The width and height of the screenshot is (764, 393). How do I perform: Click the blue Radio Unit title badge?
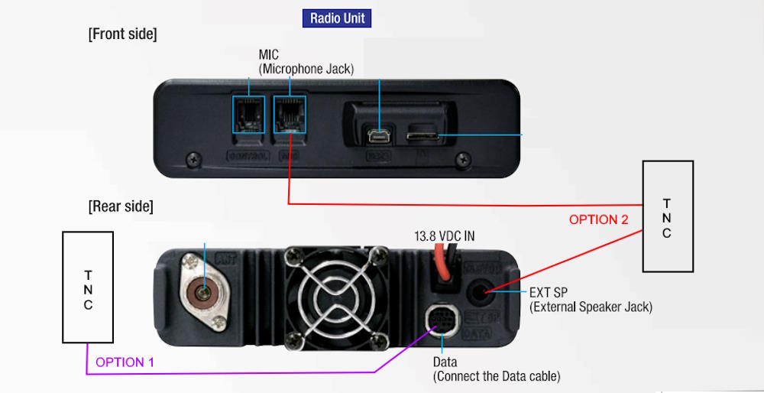337,18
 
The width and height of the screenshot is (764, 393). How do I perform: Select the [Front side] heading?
122,34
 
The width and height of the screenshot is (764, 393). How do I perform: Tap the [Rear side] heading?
121,206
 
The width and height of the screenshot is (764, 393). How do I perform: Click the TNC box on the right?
667,216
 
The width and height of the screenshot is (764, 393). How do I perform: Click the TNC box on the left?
88,287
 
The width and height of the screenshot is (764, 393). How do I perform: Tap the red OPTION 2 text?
598,219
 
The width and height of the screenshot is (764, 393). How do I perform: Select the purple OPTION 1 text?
125,362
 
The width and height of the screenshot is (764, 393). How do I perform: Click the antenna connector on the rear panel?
204,291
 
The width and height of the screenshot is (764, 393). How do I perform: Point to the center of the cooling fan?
331,293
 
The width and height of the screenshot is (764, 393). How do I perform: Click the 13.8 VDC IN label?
444,236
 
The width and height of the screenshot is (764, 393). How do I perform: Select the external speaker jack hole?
484,291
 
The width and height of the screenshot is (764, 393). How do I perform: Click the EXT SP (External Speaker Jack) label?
590,300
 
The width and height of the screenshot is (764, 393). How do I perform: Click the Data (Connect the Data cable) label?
496,369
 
